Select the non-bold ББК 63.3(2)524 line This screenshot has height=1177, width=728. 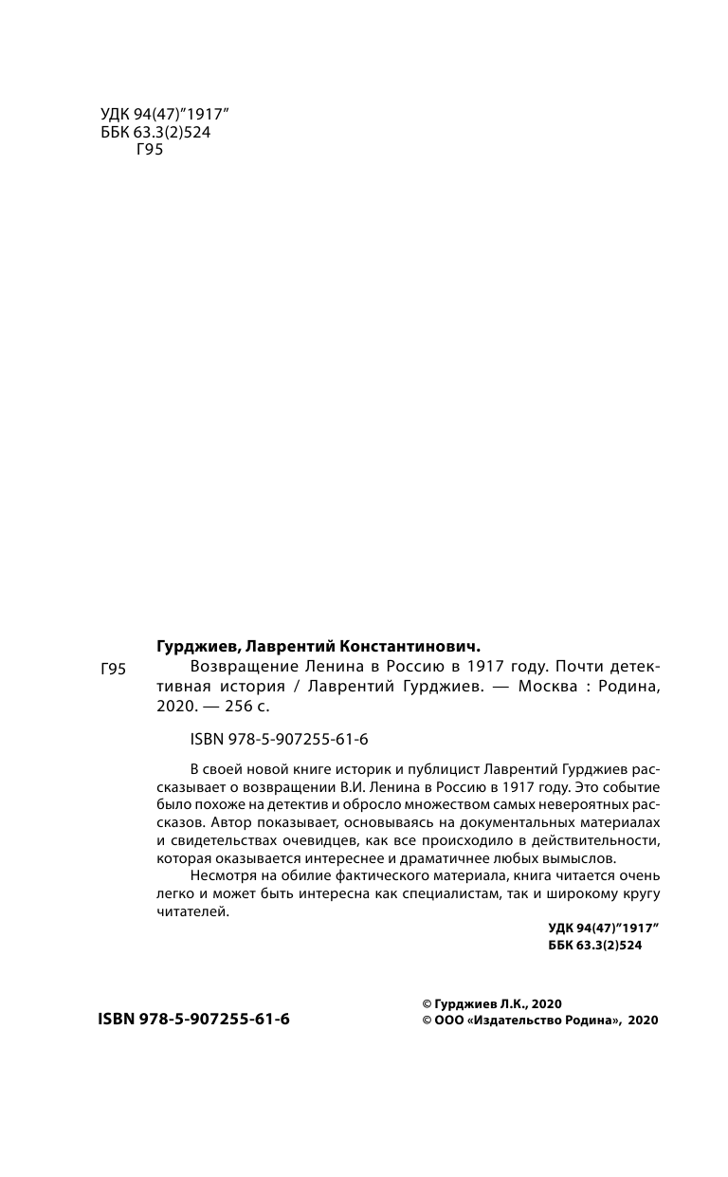155,133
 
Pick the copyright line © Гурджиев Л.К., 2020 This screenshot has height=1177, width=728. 492,1002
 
